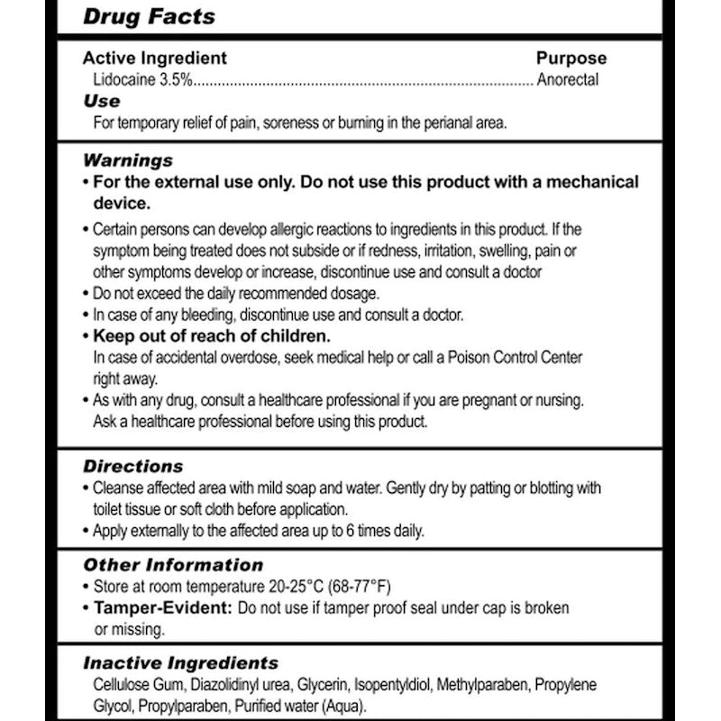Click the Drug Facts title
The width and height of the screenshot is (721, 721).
point(149,16)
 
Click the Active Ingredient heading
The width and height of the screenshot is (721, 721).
point(155,59)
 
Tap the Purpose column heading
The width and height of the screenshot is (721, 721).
point(571,59)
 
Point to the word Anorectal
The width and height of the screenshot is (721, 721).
point(568,79)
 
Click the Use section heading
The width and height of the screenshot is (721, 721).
point(102,101)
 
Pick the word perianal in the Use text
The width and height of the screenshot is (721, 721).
point(411,123)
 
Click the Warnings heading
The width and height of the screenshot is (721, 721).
point(128,160)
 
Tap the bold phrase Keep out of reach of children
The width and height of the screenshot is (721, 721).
point(213,336)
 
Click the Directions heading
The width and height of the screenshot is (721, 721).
point(132,467)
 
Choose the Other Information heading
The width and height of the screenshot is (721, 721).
point(173,565)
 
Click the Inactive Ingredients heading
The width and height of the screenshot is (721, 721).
point(180,663)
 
